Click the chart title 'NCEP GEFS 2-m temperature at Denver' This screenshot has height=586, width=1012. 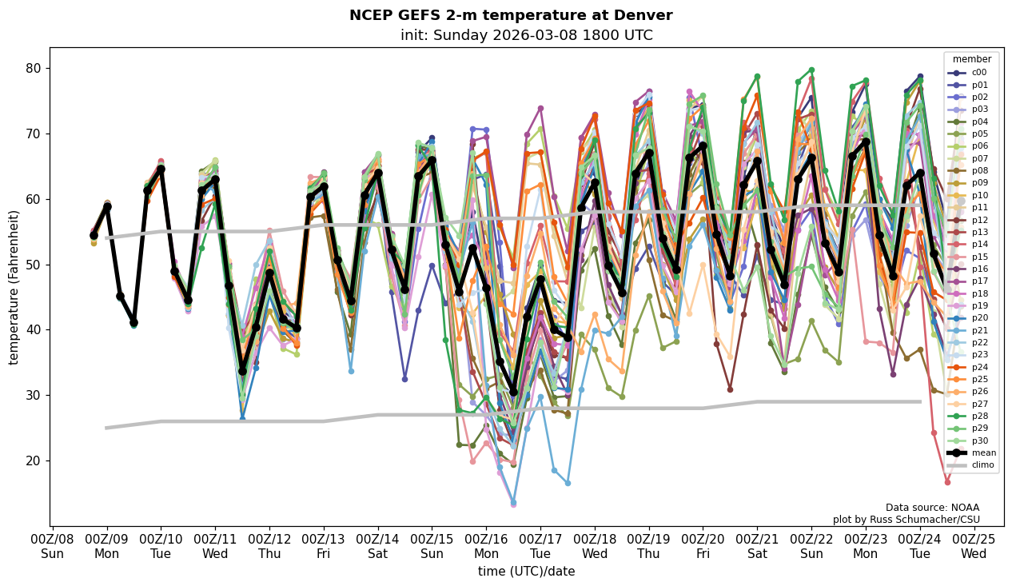(x=511, y=15)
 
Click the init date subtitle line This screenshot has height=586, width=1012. (x=526, y=35)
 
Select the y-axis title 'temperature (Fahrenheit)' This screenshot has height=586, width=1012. (x=14, y=287)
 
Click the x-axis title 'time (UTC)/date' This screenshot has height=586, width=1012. (x=526, y=571)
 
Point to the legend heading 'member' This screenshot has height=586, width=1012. (x=971, y=59)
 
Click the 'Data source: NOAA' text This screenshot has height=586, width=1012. (x=932, y=508)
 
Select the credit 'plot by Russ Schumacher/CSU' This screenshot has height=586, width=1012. (x=906, y=520)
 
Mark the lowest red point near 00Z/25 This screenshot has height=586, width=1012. (x=947, y=482)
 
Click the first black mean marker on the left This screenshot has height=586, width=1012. (x=94, y=236)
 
